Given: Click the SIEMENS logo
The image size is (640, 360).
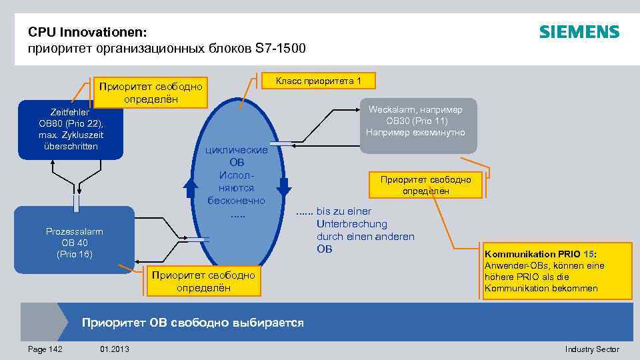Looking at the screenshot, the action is coord(579,32).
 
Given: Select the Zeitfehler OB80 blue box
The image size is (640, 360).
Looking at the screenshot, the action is coord(71,129).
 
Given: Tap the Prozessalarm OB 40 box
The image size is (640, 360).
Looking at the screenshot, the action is coord(74,242).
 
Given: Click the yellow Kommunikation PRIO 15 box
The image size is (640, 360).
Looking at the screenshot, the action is coord(557,271).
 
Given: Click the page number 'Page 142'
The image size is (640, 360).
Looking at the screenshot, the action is coord(45,349).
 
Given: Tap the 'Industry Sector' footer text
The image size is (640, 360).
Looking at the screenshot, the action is coord(591,349).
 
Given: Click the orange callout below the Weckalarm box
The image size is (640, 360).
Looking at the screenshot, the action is coord(425,185).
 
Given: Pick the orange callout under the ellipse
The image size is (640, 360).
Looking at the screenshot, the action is coord(203,281).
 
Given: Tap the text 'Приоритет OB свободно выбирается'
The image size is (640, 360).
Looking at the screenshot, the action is coord(193,323).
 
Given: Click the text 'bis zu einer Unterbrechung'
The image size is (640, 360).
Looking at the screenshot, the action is coord(352,217).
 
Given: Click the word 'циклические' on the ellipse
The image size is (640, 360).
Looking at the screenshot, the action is coord(237,151).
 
